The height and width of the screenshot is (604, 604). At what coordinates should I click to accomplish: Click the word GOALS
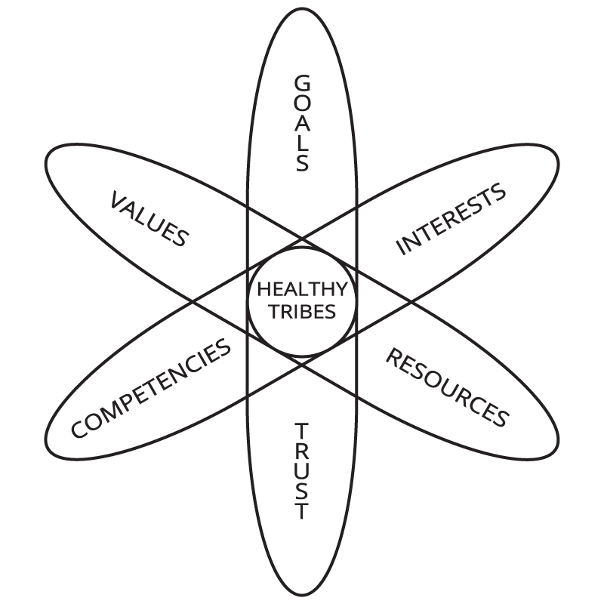click(302, 122)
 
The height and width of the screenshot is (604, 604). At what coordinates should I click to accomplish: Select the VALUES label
click(149, 219)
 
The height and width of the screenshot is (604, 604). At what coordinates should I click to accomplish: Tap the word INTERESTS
click(451, 219)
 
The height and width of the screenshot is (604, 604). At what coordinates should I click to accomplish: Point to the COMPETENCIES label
click(151, 388)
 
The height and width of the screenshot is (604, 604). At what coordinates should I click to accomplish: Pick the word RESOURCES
click(446, 387)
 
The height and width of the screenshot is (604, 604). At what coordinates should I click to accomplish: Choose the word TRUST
click(302, 471)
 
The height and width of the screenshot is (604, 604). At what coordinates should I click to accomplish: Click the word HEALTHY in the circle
click(302, 290)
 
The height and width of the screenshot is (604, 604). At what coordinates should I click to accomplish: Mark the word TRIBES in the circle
click(302, 311)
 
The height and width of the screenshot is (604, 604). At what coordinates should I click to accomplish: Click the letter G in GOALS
click(302, 82)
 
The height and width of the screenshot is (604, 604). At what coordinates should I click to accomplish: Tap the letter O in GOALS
click(302, 102)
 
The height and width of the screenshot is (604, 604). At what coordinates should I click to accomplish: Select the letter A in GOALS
click(302, 122)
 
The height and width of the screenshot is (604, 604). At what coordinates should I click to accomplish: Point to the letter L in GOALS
click(302, 143)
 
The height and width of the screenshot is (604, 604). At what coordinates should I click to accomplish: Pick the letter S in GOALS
click(302, 162)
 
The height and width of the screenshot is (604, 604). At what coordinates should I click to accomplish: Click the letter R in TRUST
click(302, 451)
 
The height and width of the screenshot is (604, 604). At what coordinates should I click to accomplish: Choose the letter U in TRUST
click(302, 471)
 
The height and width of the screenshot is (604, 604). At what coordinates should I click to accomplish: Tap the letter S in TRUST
click(302, 492)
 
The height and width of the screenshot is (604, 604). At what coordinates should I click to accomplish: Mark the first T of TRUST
click(302, 430)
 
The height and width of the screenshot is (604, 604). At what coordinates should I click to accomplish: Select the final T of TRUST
click(302, 512)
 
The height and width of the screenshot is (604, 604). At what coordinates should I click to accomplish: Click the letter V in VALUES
click(119, 200)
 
